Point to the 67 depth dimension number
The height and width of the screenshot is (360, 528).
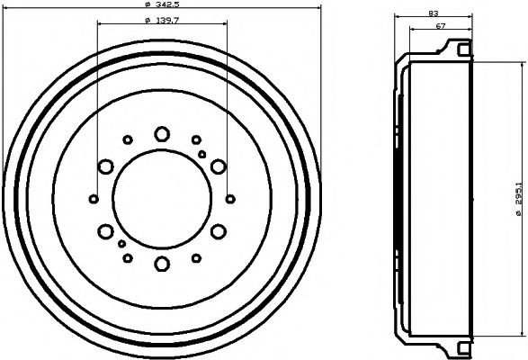point(440,26)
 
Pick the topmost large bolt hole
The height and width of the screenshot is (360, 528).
point(162,134)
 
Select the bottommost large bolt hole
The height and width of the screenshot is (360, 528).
point(162,263)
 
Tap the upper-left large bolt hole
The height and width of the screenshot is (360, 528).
point(105,166)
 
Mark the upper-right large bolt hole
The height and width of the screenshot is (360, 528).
point(219,166)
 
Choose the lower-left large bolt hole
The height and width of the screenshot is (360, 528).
point(105,230)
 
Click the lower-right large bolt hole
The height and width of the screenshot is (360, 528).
point(219,230)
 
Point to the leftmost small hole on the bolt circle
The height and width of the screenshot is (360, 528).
point(94,198)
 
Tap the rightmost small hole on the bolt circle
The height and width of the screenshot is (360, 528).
point(230,198)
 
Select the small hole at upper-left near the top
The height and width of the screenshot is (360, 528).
point(128,139)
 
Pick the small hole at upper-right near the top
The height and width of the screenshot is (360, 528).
point(196,139)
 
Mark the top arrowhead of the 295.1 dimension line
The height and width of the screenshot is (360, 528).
point(520,66)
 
